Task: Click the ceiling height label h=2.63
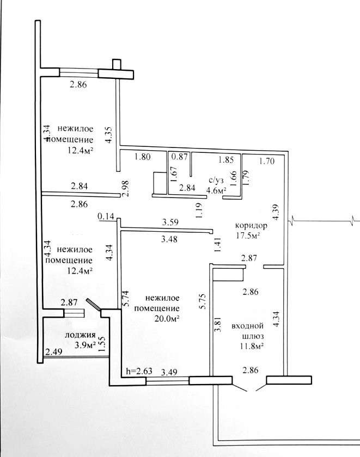[x=139, y=371]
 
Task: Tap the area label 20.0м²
[x=167, y=319]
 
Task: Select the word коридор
[x=251, y=226]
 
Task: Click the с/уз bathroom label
[x=216, y=181]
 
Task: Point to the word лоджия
[x=80, y=335]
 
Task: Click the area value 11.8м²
[x=252, y=346]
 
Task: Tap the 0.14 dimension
[x=106, y=217]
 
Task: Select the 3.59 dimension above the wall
[x=170, y=222]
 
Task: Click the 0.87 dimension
[x=179, y=157]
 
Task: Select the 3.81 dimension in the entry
[x=218, y=325]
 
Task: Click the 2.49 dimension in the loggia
[x=54, y=352]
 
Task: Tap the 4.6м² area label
[x=216, y=190]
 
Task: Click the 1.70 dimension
[x=267, y=160]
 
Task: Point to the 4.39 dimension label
[x=276, y=212]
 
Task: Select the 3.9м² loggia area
[x=85, y=345]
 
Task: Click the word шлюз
[x=253, y=336]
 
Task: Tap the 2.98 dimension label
[x=126, y=189]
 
